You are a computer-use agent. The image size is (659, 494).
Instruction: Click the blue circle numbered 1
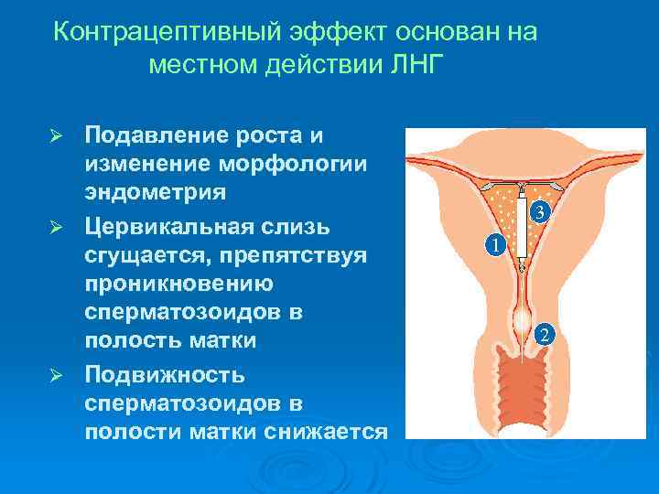click(x=494, y=246)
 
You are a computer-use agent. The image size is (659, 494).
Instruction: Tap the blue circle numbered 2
click(x=544, y=335)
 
